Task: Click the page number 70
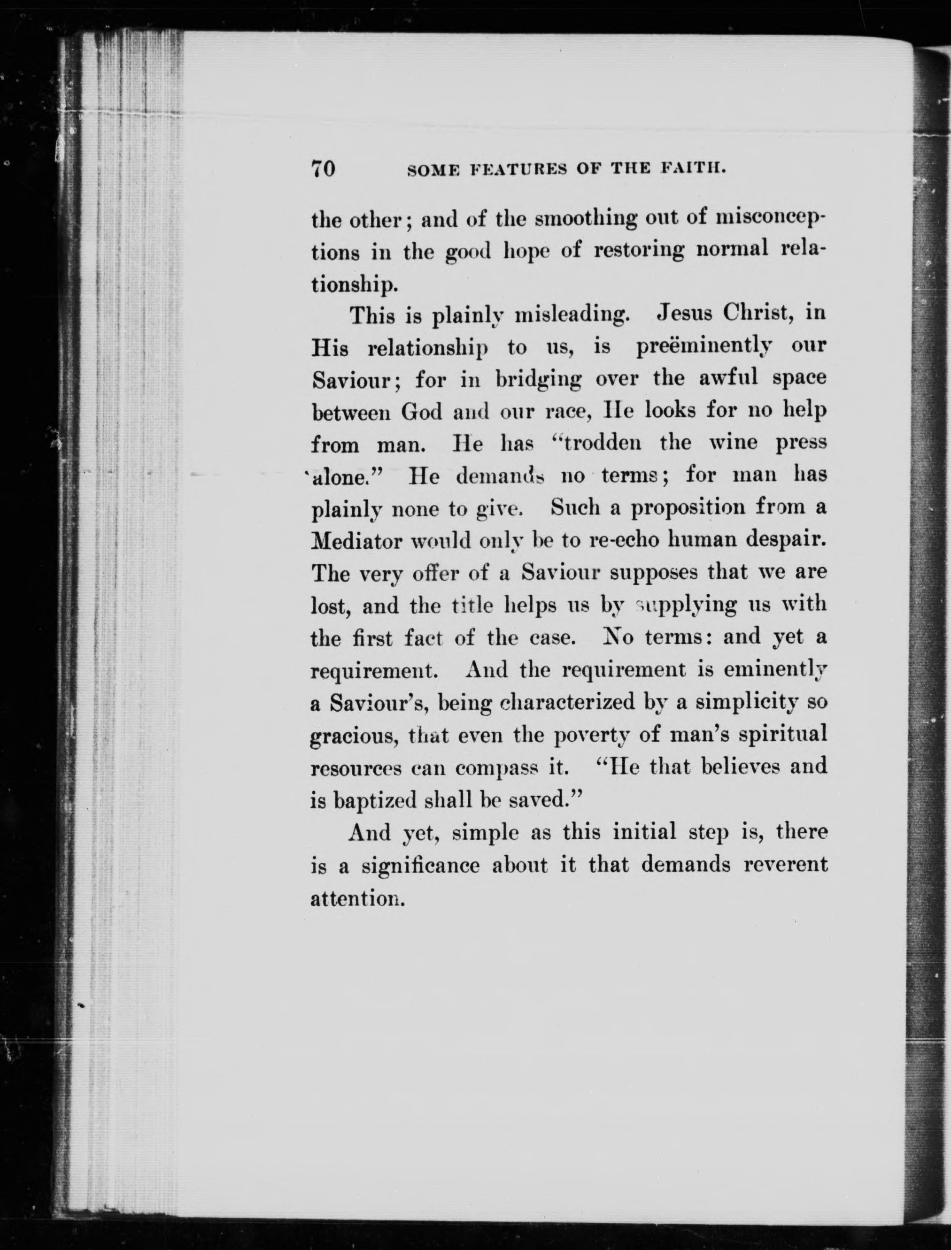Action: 324,169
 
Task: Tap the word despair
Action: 785,540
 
